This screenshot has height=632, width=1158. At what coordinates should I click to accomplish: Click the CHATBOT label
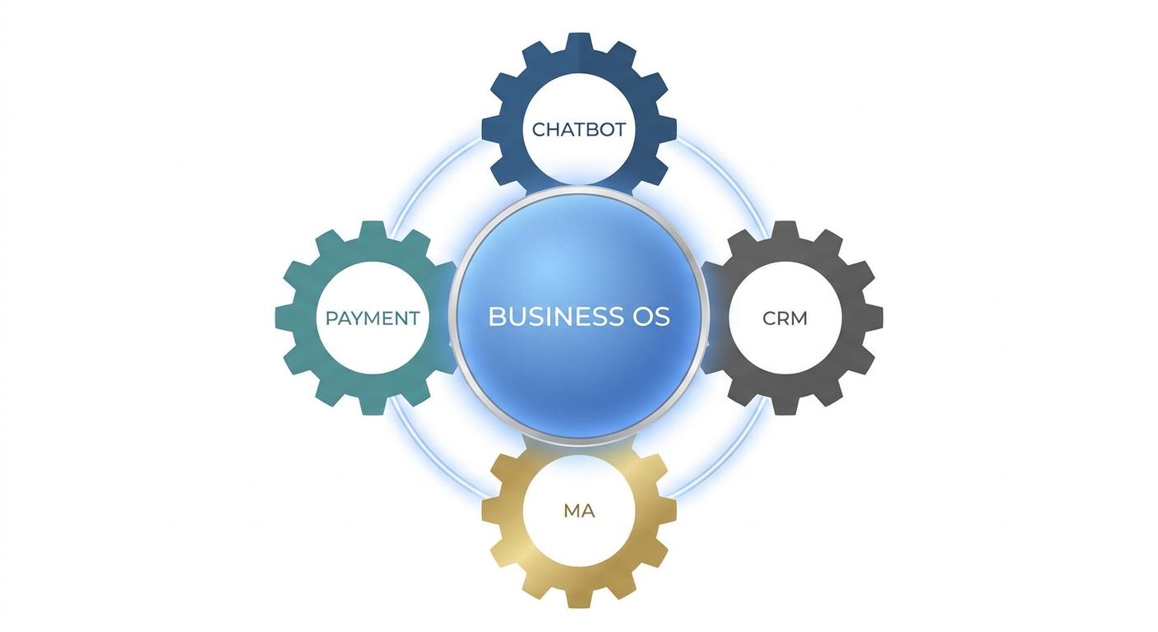[x=579, y=129]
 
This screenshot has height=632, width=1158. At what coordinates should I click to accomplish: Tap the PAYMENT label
[x=373, y=318]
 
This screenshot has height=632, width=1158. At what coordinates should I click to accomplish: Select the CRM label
[x=785, y=318]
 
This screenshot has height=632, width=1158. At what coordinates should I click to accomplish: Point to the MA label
[x=579, y=511]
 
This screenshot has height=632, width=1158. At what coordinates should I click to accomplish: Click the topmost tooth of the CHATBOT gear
[x=579, y=42]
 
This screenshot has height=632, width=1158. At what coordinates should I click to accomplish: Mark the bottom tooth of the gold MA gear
[x=579, y=599]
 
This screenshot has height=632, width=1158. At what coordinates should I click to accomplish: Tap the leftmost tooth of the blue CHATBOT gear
[x=491, y=128]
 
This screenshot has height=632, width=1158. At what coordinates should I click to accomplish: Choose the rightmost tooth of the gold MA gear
[x=667, y=511]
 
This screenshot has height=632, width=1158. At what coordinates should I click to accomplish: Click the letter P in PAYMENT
[x=331, y=318]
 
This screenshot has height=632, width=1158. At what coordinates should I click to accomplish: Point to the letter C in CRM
[x=770, y=318]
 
